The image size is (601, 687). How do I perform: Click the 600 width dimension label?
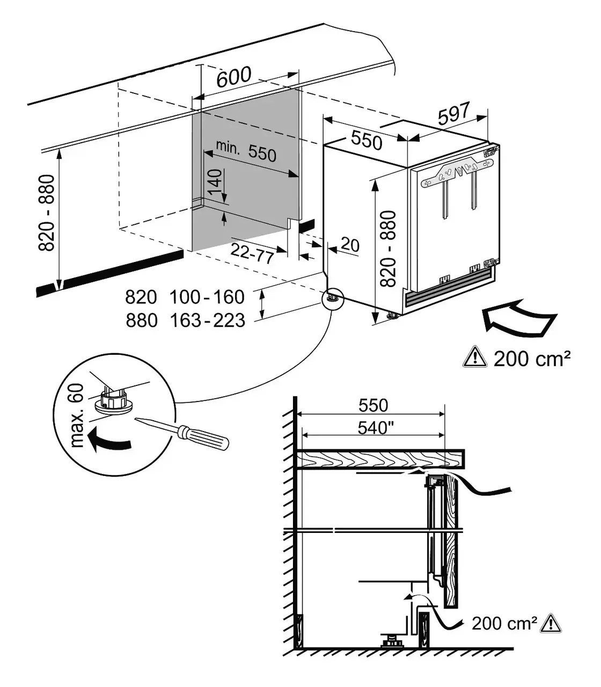coord(234,77)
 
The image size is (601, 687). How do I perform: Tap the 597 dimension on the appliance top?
coord(454,113)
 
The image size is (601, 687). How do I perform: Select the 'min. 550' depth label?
coord(246,151)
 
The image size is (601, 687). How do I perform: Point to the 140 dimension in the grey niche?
coord(215,185)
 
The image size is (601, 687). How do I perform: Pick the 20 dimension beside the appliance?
coord(350,245)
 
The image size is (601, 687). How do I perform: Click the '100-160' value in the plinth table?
coord(207,297)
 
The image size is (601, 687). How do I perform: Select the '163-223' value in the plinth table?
coord(207,320)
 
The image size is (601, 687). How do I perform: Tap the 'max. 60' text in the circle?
coord(77,415)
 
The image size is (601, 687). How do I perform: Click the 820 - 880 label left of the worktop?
coord(47,213)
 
